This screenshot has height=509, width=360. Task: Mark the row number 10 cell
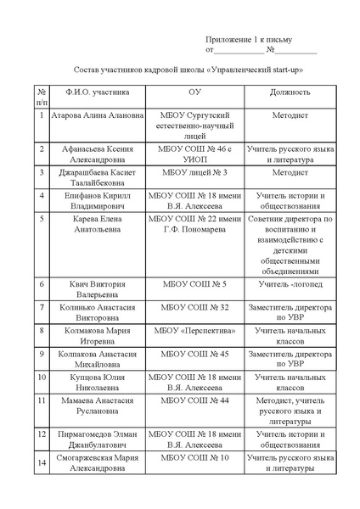(42, 376)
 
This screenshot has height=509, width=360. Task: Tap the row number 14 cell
(42, 463)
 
